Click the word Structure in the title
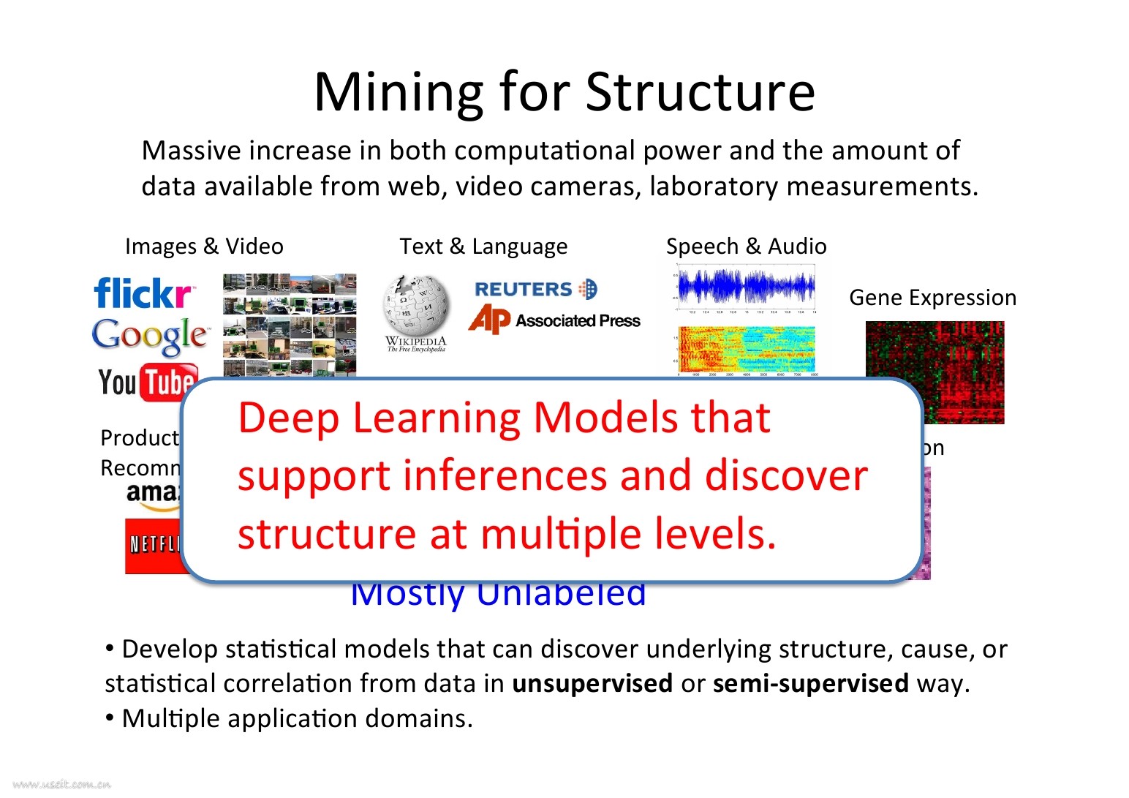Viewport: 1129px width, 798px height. pos(700,93)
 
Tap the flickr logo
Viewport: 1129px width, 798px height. pos(144,293)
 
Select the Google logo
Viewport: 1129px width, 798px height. pos(150,336)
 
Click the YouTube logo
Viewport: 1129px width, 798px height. pos(147,382)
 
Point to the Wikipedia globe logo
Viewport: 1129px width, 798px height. pos(416,307)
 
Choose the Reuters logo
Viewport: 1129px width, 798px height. pos(535,290)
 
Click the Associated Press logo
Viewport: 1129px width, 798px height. pos(554,320)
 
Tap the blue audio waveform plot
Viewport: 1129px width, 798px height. pos(746,287)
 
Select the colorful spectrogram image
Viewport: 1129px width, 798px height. pos(746,350)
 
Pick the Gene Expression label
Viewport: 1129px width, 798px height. pos(932,298)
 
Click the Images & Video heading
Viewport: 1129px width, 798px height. pos(204,246)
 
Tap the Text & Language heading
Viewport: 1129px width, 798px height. pos(483,246)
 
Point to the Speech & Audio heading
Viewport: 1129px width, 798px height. pos(746,246)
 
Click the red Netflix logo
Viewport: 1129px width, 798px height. pos(152,546)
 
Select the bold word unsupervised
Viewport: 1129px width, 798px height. pos(592,683)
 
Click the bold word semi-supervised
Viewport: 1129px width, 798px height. pos(810,683)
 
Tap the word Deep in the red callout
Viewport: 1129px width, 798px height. pos(289,418)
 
